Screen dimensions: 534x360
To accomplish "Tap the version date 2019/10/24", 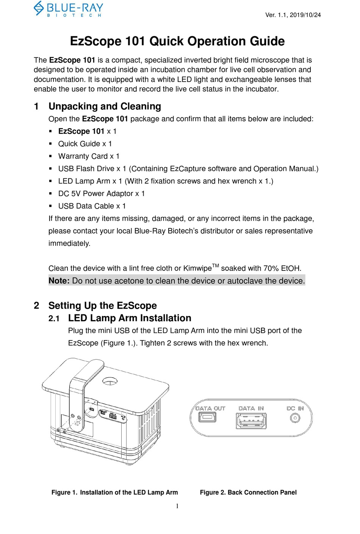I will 305,15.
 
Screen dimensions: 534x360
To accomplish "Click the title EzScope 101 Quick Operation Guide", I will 177,41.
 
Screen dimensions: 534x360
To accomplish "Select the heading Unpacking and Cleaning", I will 105,106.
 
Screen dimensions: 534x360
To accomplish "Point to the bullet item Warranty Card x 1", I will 89,156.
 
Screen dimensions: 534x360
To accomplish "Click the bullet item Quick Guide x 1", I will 85,144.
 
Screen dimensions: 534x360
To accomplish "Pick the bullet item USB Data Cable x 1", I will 92,206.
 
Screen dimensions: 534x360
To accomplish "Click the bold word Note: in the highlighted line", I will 59,281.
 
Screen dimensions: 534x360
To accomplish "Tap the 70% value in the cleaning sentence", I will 271,269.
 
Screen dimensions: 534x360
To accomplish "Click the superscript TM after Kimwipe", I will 215,266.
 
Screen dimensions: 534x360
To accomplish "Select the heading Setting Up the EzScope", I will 102,306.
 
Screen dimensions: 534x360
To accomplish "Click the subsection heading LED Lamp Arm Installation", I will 130,318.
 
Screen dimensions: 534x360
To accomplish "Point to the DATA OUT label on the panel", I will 210,408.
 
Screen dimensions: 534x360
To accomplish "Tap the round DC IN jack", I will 295,418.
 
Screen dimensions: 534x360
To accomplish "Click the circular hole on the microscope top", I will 110,380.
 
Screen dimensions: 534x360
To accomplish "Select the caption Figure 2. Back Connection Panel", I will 248,492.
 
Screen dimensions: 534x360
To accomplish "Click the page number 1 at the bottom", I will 177,506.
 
